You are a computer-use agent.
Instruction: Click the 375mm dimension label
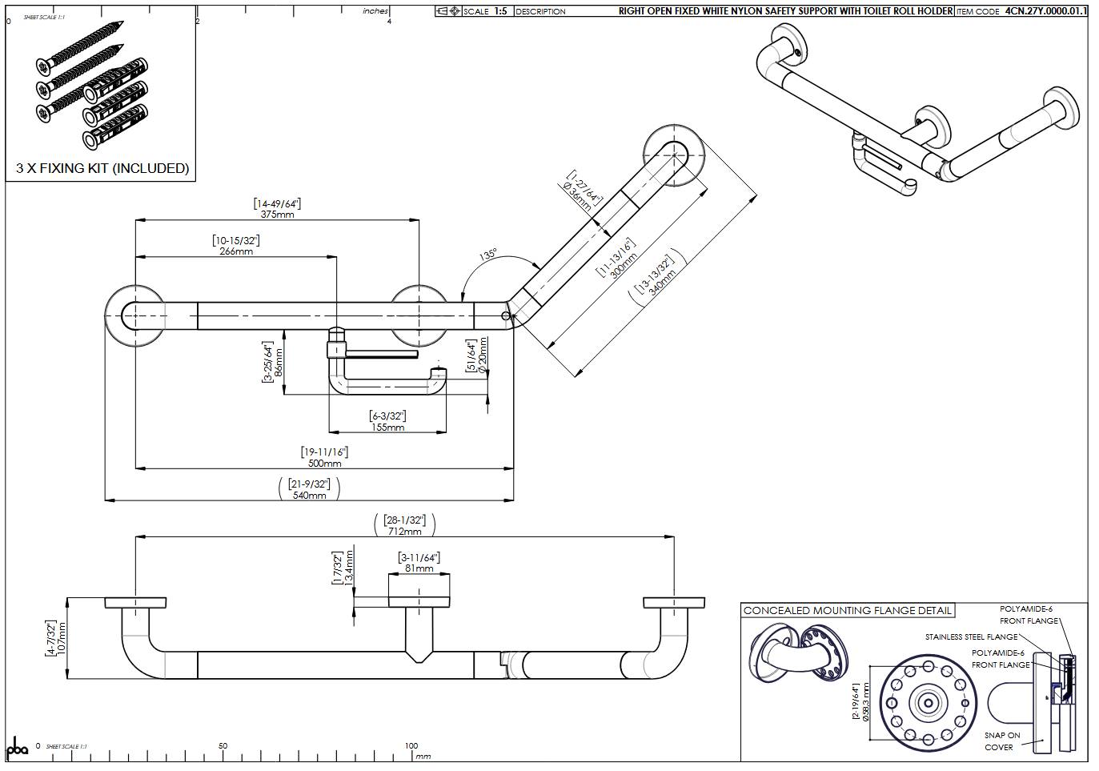[277, 215]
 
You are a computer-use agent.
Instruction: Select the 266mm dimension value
[236, 251]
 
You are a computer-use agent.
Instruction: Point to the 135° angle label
[487, 255]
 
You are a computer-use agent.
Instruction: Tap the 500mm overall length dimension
[324, 463]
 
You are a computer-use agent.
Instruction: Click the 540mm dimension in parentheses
[309, 495]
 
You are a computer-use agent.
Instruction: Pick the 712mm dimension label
[404, 531]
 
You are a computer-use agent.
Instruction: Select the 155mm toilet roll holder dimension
[387, 427]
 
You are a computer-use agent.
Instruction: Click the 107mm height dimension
[63, 637]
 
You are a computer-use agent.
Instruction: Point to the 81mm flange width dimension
[419, 568]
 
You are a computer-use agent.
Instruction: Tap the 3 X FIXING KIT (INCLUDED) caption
[102, 168]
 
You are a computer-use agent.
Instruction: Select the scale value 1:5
[500, 11]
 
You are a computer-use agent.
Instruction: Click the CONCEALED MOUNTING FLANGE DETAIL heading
[847, 610]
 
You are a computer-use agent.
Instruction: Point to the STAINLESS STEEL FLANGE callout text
[971, 637]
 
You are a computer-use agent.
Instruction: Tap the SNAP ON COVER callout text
[1001, 741]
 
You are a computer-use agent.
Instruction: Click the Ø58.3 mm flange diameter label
[865, 703]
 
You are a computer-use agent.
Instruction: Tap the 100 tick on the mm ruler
[411, 745]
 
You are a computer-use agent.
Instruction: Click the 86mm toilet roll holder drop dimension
[279, 363]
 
